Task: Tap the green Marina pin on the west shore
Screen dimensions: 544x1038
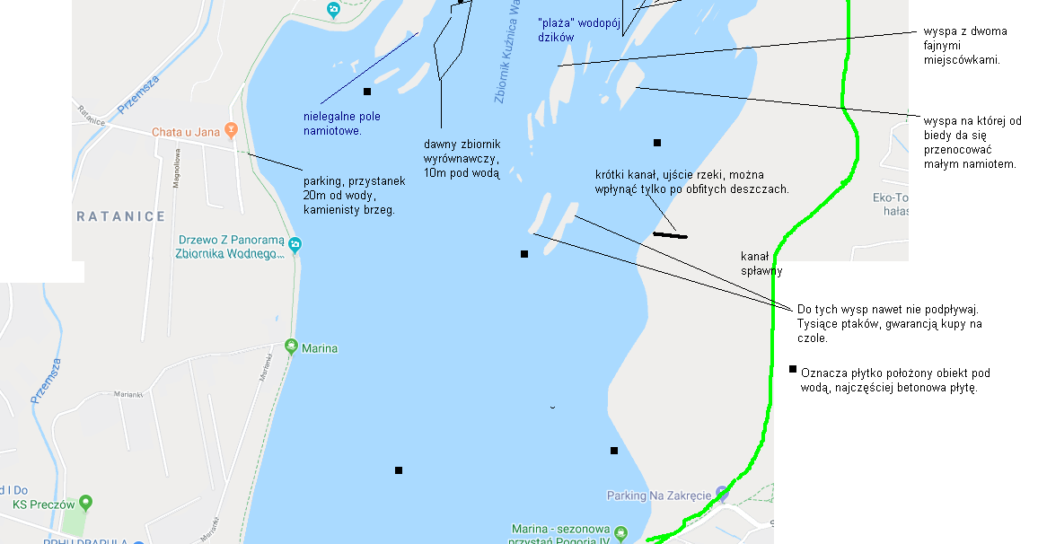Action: pos(290,346)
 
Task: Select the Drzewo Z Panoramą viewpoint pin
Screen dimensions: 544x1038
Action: pos(295,244)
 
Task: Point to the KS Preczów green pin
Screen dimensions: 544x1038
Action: pos(86,503)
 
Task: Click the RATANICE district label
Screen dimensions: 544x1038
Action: pos(121,216)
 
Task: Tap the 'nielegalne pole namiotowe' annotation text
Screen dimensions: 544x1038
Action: pos(342,124)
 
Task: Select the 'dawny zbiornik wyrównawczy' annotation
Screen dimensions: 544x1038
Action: pos(462,159)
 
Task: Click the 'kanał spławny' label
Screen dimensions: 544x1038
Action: pos(761,263)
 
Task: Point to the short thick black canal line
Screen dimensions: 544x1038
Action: pos(670,235)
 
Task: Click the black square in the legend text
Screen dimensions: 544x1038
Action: pos(793,369)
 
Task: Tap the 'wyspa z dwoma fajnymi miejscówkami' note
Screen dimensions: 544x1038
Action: pos(965,46)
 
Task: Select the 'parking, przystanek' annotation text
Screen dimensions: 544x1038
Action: pos(354,195)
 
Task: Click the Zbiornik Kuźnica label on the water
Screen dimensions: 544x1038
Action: pos(507,54)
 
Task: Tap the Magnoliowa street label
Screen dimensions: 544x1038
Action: pos(177,167)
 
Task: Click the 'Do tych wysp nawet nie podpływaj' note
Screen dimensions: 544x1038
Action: pos(889,323)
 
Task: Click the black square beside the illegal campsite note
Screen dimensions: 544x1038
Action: pos(366,92)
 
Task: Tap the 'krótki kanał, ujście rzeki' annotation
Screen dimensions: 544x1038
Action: pos(691,181)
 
